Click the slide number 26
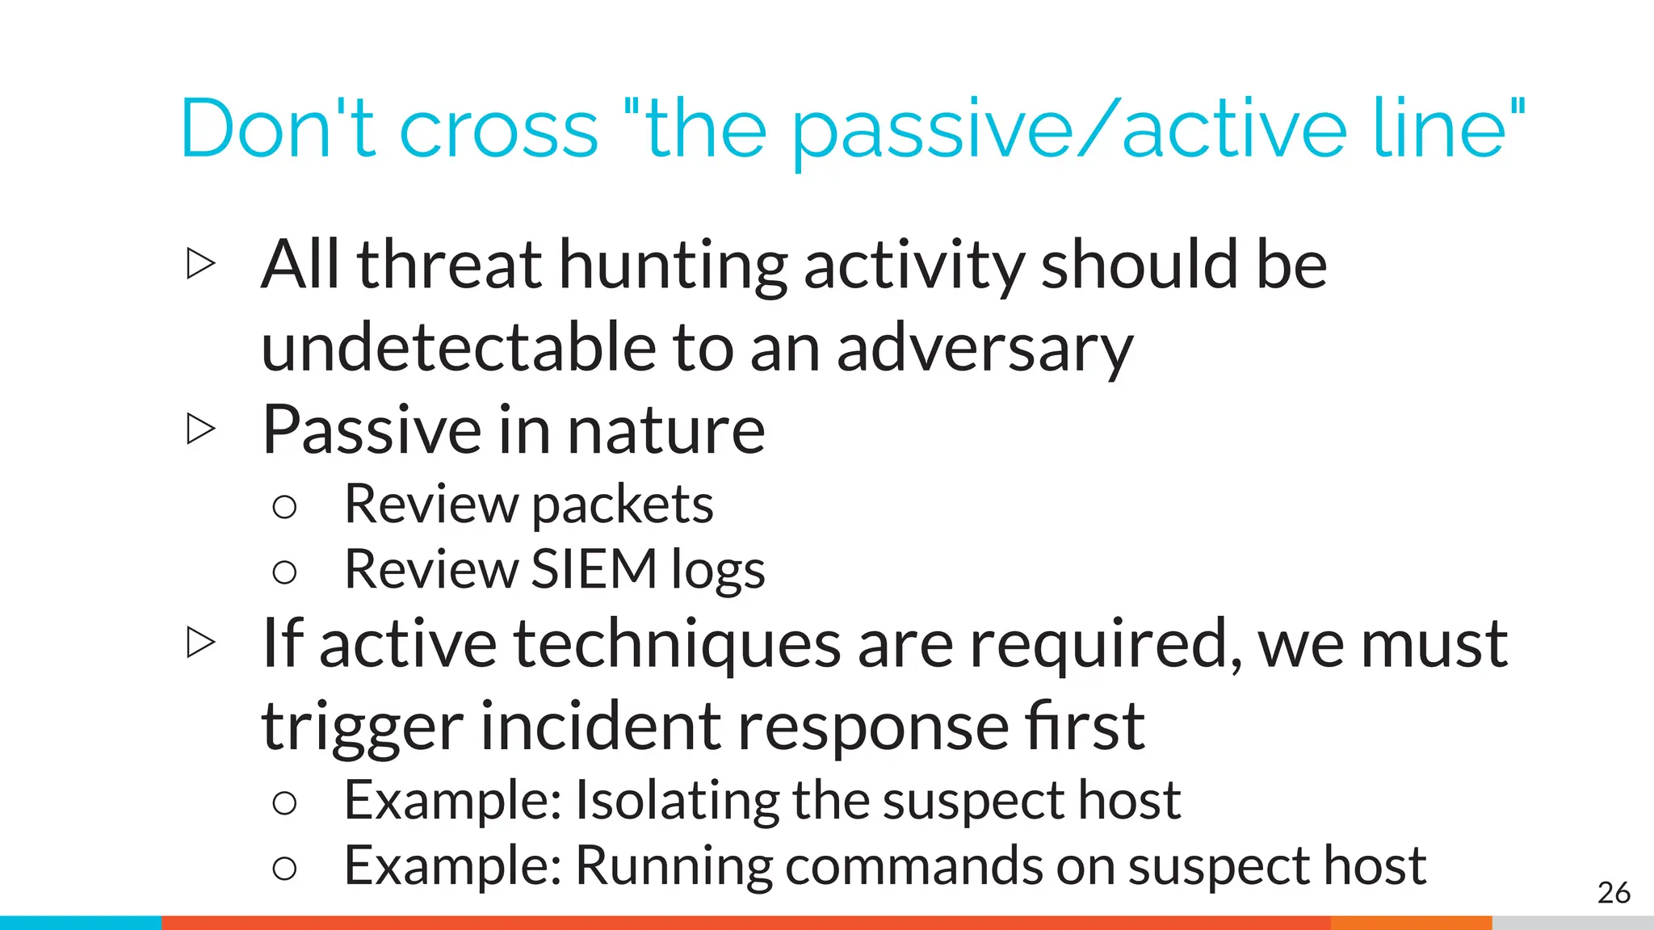click(x=1614, y=893)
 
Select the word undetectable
click(x=458, y=347)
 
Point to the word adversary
click(x=984, y=350)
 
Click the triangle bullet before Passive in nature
click(x=201, y=429)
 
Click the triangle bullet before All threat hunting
click(x=201, y=264)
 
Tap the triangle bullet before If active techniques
click(x=201, y=643)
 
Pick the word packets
click(x=623, y=506)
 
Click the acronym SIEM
click(x=594, y=570)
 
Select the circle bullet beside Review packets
click(x=284, y=508)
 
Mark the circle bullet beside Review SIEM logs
click(x=284, y=573)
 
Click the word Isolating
click(x=677, y=801)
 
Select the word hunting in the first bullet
click(x=673, y=266)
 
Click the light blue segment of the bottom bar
click(x=81, y=923)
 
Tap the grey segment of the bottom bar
click(x=1572, y=923)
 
